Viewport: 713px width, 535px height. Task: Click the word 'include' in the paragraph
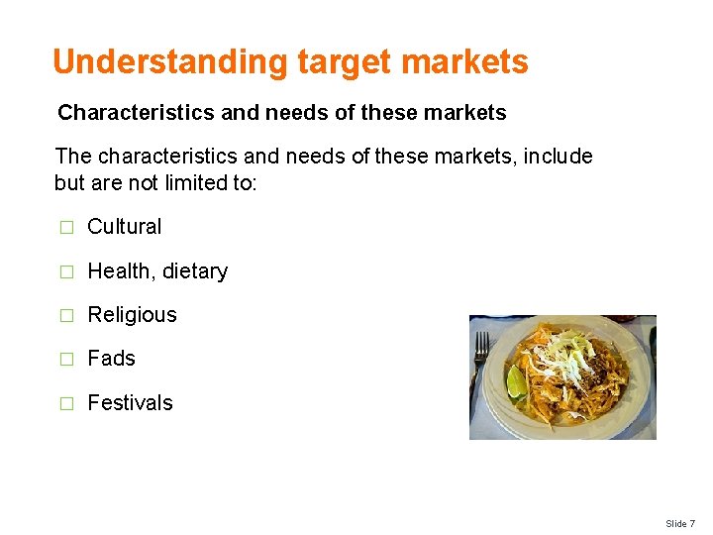[559, 157]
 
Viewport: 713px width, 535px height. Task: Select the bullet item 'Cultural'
[124, 227]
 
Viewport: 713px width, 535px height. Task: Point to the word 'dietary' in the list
[194, 271]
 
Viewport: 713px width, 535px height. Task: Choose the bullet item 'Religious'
[132, 315]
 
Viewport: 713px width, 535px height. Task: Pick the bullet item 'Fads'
[111, 359]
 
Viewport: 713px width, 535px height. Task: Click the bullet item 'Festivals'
[130, 403]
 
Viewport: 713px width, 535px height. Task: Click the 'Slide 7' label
[680, 523]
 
